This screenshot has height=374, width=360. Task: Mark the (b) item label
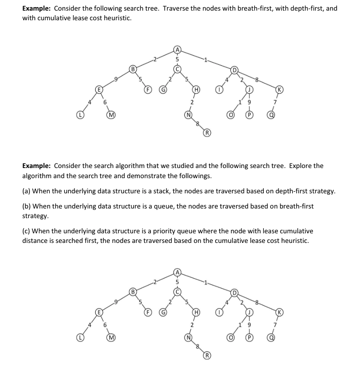coord(27,206)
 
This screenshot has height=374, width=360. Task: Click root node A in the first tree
coord(177,49)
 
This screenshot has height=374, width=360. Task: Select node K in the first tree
coord(279,90)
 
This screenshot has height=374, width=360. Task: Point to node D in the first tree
coord(234,69)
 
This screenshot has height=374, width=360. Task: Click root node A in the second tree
coord(177,272)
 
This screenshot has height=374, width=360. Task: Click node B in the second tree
coord(133,292)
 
